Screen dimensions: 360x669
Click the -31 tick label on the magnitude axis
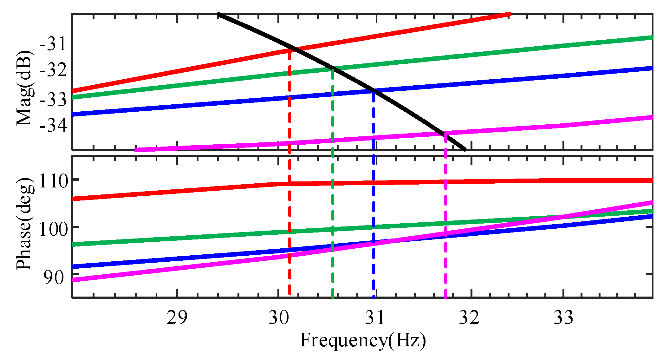(54, 43)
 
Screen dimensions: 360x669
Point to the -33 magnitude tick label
(54, 99)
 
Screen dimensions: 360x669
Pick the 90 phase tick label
(53, 277)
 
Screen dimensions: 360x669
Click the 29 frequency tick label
(177, 317)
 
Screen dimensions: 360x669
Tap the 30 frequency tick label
(279, 317)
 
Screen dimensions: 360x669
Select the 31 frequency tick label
(374, 317)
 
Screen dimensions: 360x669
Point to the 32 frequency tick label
(470, 317)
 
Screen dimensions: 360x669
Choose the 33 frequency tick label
(563, 317)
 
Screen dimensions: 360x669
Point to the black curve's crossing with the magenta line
(444, 134)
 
